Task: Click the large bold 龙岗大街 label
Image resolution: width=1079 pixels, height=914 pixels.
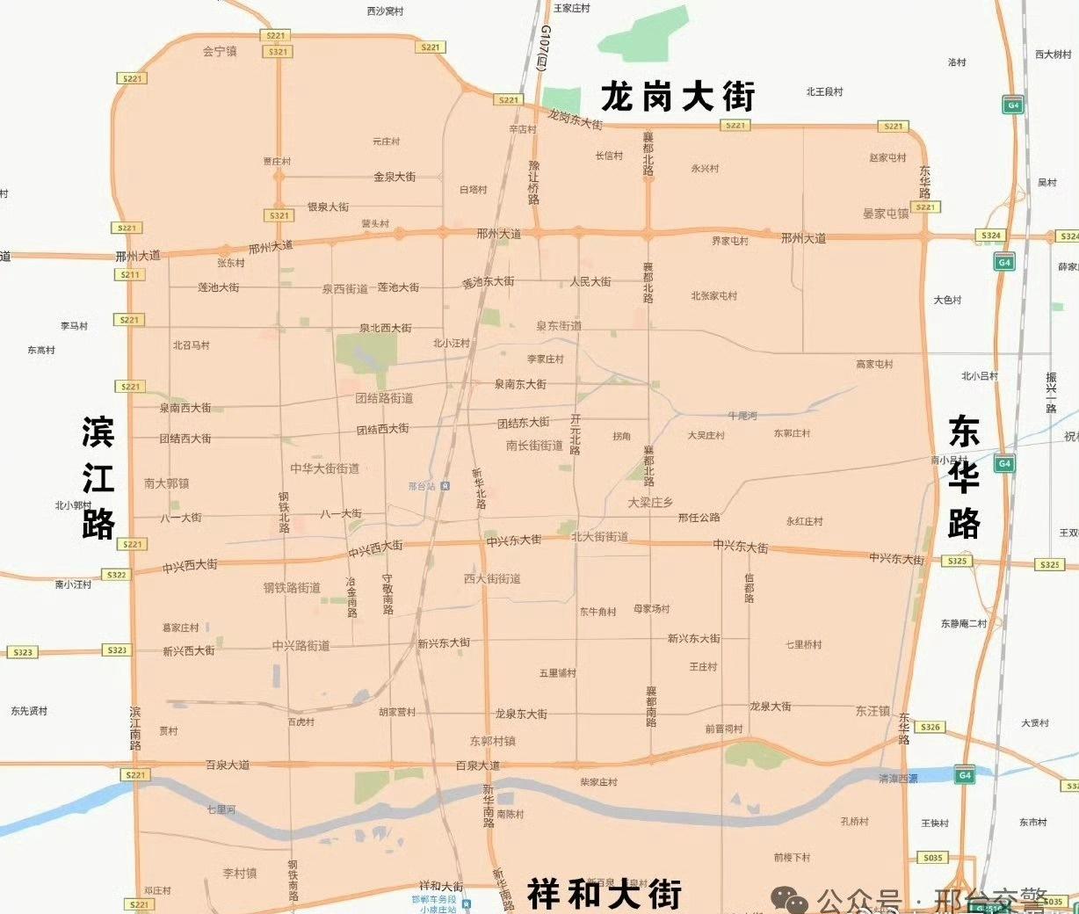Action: point(677,96)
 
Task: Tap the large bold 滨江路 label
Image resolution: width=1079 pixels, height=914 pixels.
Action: point(98,477)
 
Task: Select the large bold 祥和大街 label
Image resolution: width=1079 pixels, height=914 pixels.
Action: point(605,894)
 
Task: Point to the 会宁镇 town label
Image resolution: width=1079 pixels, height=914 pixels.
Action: point(220,51)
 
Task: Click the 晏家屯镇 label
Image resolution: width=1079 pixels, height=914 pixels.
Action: point(886,214)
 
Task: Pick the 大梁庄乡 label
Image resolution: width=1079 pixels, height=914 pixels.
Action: point(650,502)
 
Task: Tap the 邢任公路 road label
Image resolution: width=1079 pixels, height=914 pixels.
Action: point(699,518)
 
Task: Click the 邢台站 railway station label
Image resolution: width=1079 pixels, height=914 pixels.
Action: point(423,486)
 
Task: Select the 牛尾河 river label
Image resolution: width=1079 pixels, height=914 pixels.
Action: point(742,416)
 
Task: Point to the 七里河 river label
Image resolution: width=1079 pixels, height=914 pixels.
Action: point(221,809)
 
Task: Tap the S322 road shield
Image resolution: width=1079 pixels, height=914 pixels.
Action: point(117,575)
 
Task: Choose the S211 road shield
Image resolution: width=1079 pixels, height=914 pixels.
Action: point(130,274)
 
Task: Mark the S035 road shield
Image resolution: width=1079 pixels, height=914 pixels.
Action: point(932,858)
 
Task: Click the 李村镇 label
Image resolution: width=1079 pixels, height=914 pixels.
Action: point(240,874)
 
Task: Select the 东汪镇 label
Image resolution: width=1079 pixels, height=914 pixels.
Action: point(873,711)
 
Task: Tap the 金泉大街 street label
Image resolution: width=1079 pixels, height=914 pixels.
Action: point(395,177)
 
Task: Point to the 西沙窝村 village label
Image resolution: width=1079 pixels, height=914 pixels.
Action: point(385,11)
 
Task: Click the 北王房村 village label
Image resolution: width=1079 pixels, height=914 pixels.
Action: point(824,91)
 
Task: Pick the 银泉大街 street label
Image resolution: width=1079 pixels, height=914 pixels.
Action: point(328,207)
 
